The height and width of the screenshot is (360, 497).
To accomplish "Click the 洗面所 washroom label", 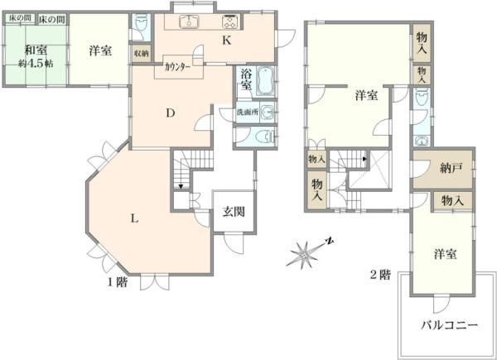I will click(248, 112).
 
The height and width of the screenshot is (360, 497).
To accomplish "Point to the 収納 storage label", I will click(141, 52).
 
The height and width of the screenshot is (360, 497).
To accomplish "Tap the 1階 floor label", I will click(116, 280).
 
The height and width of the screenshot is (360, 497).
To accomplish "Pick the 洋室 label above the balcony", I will click(445, 254).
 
